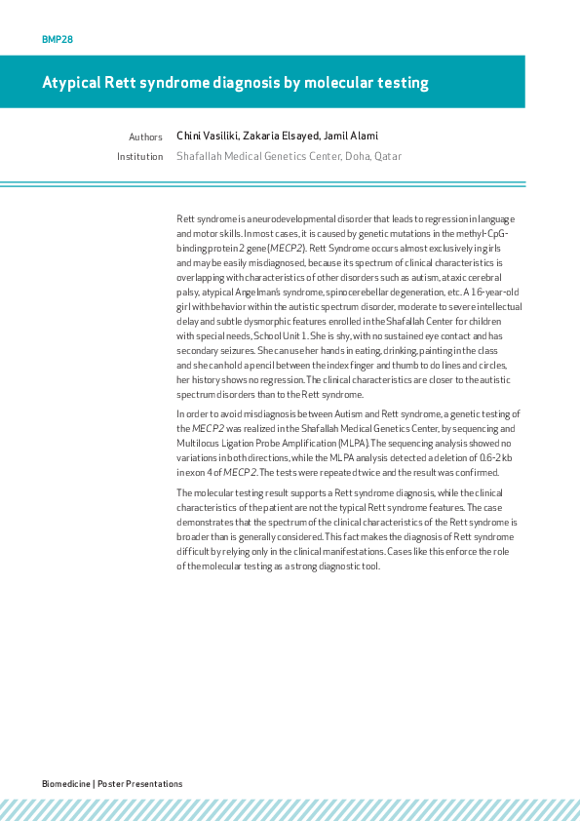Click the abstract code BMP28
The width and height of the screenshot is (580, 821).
tap(58, 40)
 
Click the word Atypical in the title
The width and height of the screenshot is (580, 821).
tap(71, 83)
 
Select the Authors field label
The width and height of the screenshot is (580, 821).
tap(145, 137)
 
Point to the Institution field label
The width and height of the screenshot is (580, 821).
tap(139, 156)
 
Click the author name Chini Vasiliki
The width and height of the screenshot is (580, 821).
tap(207, 137)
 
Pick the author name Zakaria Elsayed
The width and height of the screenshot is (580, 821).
tap(283, 137)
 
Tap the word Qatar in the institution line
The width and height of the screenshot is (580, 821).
tap(388, 156)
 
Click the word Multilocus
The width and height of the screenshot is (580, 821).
tap(199, 442)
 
